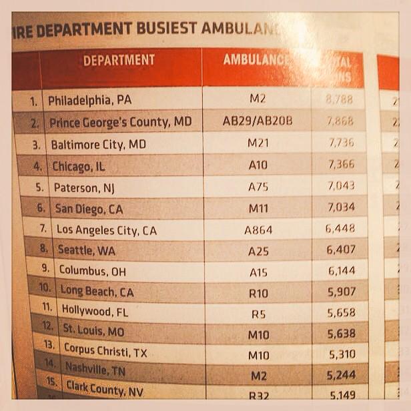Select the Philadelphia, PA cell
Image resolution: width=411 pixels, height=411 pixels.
(x=89, y=101)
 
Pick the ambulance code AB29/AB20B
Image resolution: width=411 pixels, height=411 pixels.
(x=258, y=121)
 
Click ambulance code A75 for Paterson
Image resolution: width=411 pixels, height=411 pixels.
(x=258, y=187)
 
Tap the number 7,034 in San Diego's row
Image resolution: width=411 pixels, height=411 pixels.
(x=340, y=207)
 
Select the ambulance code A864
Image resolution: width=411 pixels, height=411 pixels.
(x=258, y=230)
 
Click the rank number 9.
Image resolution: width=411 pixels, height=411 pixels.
(x=45, y=270)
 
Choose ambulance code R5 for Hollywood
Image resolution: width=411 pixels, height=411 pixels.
(x=258, y=312)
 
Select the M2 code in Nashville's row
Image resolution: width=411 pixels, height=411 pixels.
(x=258, y=376)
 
